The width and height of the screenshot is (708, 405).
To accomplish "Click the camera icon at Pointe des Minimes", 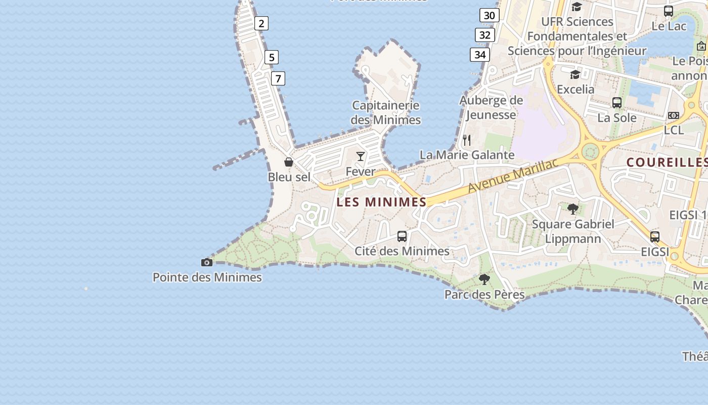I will [207, 262].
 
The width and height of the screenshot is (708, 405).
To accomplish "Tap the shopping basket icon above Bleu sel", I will [289, 162].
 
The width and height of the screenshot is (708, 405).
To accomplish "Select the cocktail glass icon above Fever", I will [361, 156].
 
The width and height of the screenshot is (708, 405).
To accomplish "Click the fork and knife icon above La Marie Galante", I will [467, 140].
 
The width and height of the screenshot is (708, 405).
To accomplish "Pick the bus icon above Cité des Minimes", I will [402, 236].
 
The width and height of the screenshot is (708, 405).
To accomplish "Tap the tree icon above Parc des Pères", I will [484, 279].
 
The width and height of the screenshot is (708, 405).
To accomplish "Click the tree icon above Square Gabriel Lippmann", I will [573, 209].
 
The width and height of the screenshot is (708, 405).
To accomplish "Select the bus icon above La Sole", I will [617, 103].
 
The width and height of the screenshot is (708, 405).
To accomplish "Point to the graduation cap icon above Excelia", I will [575, 75].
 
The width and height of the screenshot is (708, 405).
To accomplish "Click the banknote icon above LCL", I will [674, 115].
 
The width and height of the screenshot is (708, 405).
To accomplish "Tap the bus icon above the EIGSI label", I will [655, 236].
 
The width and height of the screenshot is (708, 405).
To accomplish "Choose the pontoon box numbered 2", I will [261, 23].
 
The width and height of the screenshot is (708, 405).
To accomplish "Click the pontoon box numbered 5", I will [272, 57].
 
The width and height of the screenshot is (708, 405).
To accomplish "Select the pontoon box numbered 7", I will [278, 78].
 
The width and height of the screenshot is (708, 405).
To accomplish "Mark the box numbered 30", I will [489, 16].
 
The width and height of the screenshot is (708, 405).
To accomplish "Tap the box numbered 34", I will [480, 54].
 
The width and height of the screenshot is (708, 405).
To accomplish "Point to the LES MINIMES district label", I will [382, 202].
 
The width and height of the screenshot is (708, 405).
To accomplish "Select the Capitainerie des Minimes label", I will [386, 112].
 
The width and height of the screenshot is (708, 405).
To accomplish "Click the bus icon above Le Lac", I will [669, 11].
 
